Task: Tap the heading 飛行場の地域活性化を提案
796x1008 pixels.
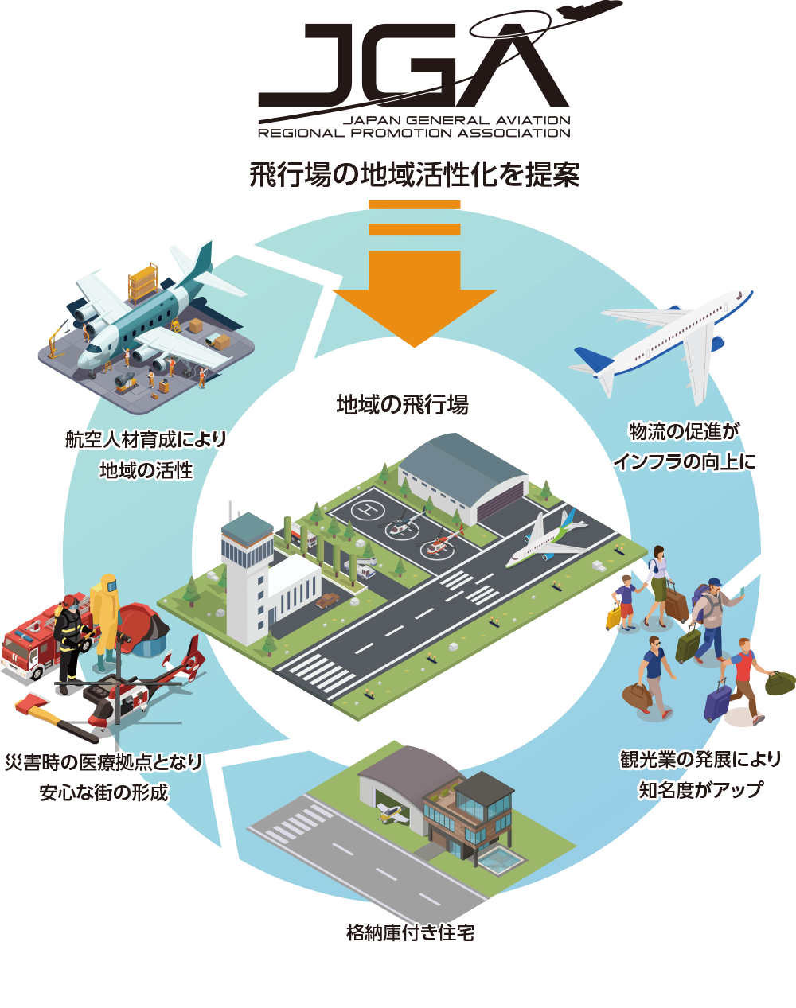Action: pyautogui.click(x=414, y=174)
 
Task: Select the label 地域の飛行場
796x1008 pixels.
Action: pyautogui.click(x=402, y=405)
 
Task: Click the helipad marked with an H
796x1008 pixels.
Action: pyautogui.click(x=367, y=508)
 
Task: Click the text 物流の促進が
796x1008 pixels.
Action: pyautogui.click(x=685, y=431)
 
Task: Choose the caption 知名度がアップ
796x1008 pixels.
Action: pyautogui.click(x=700, y=789)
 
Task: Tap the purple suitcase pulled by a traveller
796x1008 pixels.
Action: pyautogui.click(x=717, y=700)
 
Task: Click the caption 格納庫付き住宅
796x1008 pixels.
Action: pyautogui.click(x=411, y=932)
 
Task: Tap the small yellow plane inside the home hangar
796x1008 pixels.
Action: pyautogui.click(x=392, y=811)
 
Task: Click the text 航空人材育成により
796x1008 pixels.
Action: pyautogui.click(x=146, y=439)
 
